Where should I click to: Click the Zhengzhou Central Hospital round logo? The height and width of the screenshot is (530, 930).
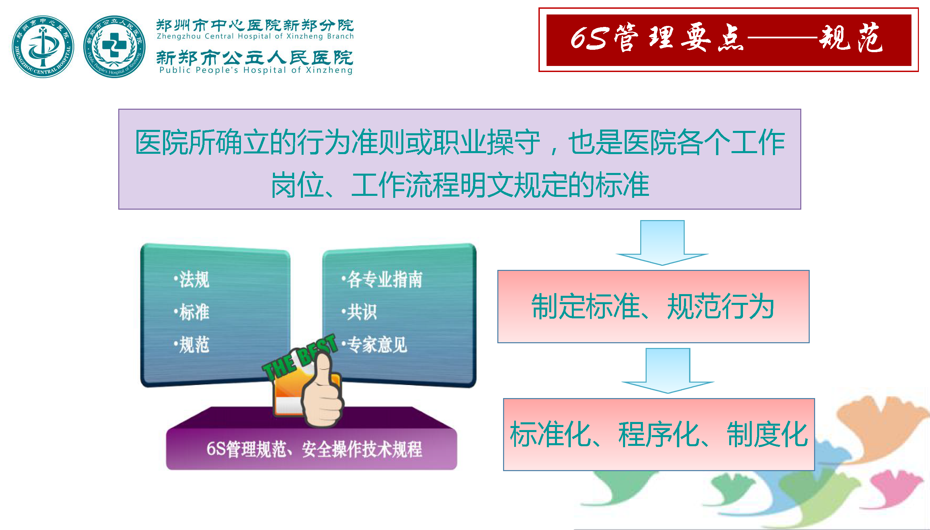click(x=43, y=46)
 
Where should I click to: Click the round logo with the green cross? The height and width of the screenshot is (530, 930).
click(x=115, y=46)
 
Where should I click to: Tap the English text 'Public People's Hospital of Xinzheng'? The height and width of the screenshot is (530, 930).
click(x=256, y=70)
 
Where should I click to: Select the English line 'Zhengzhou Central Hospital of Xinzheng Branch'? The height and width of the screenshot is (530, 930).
click(x=255, y=36)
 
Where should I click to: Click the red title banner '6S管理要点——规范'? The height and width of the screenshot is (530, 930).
click(x=728, y=40)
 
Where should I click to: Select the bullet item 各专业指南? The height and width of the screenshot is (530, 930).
click(x=381, y=280)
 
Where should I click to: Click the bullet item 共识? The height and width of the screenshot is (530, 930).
click(x=359, y=312)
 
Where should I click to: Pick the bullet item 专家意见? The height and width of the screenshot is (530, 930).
click(x=374, y=344)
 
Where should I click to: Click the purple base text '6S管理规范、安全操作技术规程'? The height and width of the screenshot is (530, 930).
click(x=314, y=449)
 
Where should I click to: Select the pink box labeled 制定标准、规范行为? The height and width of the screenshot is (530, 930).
click(x=653, y=307)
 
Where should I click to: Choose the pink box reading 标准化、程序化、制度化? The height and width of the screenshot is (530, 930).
click(x=659, y=435)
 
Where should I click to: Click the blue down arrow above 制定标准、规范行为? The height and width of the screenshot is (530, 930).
click(x=662, y=243)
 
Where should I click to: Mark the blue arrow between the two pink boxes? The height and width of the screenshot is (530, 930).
click(x=668, y=370)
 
